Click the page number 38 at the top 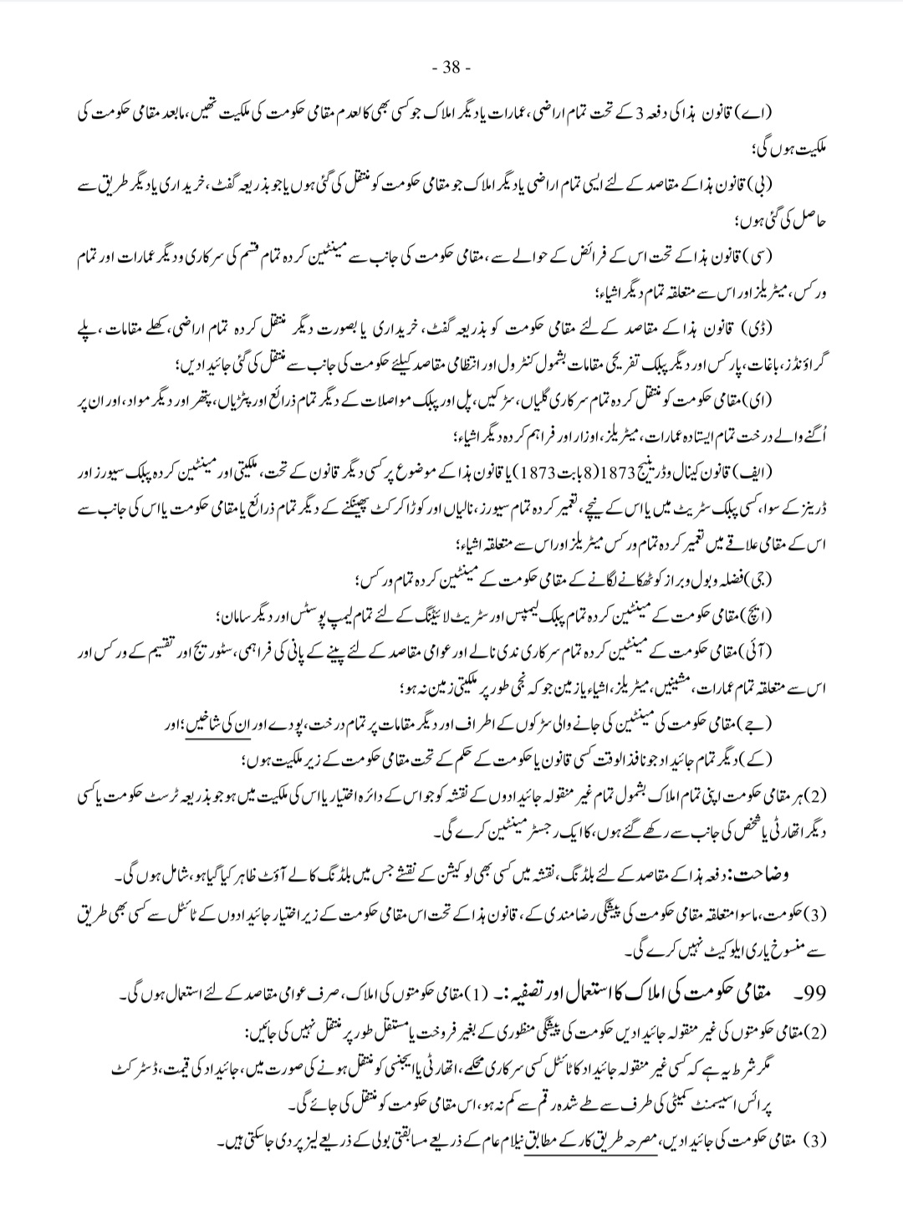pos(451,67)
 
